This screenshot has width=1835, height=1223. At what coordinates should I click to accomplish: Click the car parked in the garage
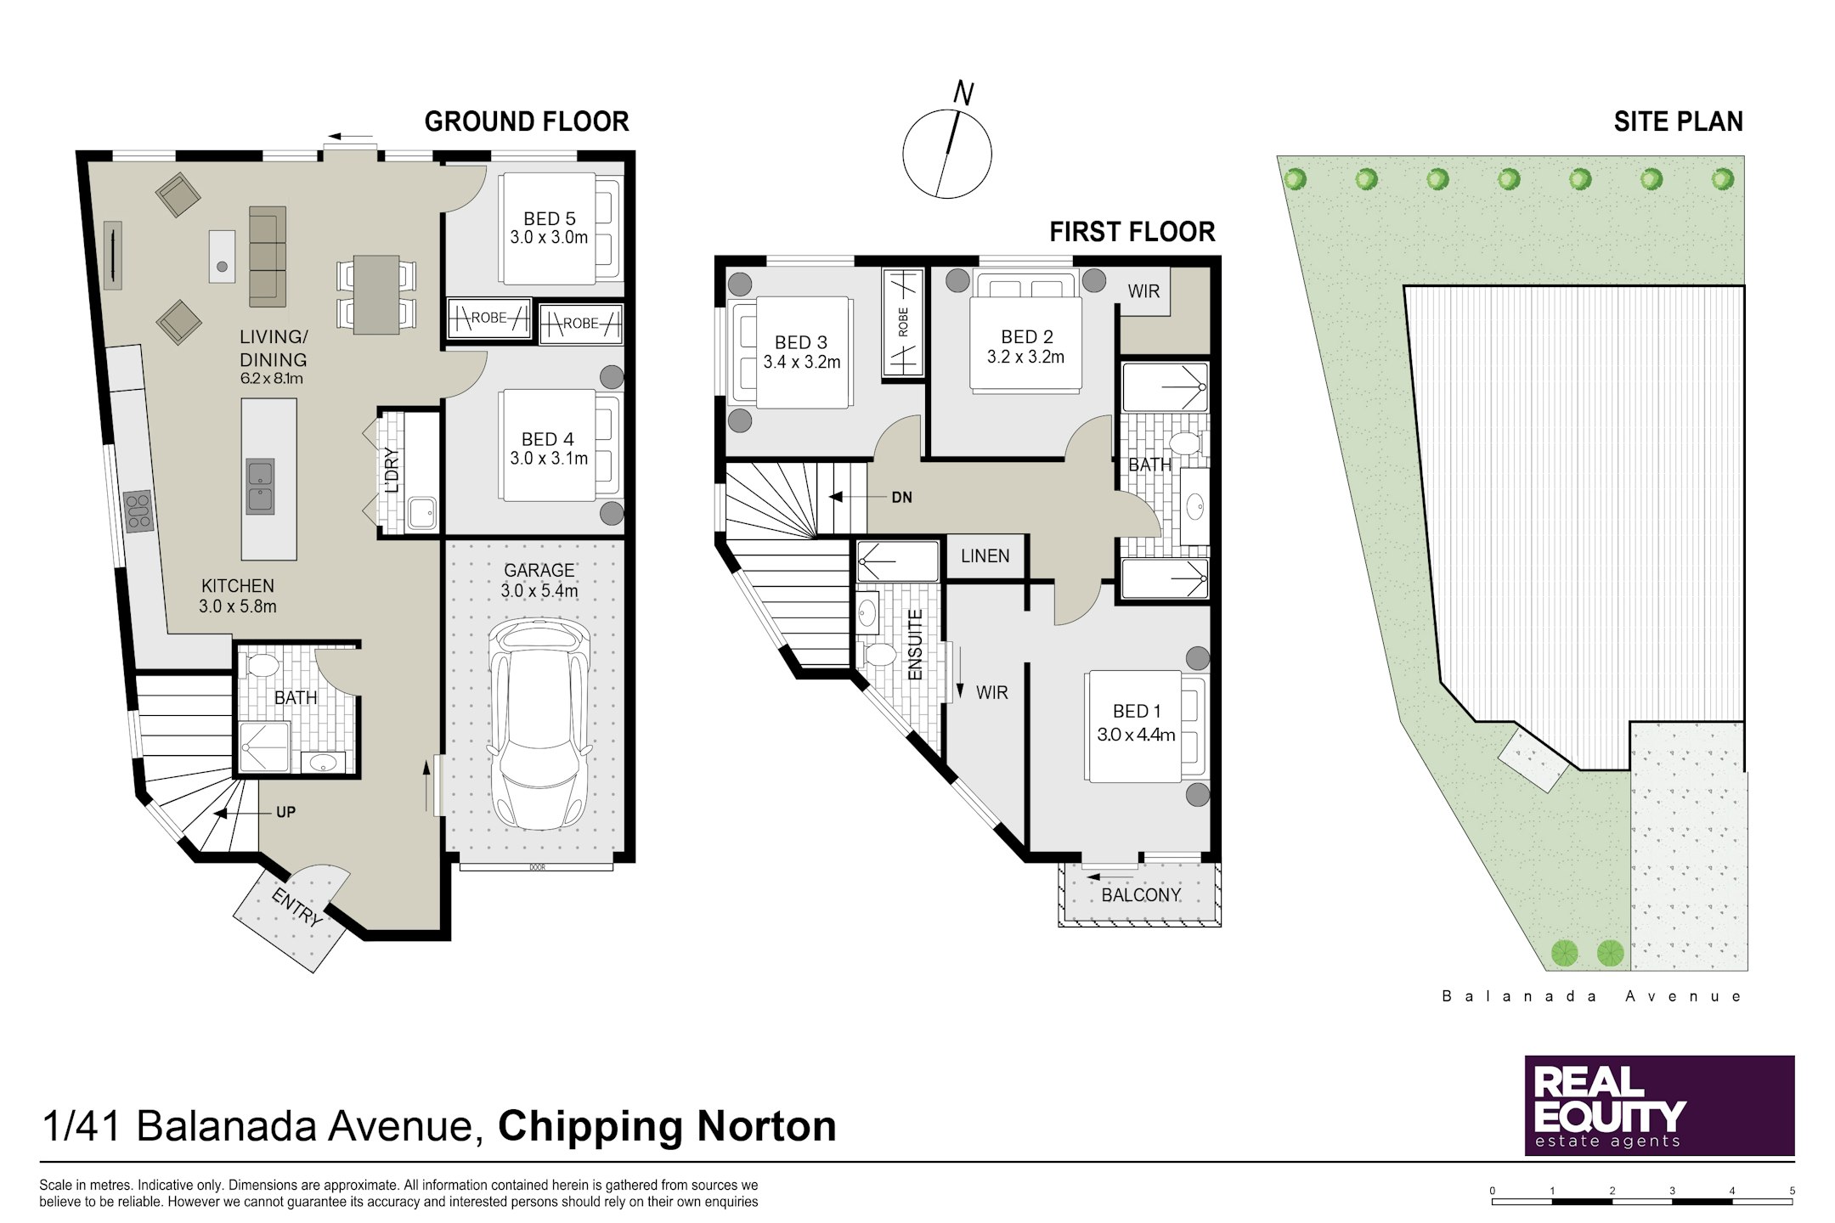click(x=539, y=724)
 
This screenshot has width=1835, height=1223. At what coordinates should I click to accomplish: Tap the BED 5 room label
click(x=549, y=219)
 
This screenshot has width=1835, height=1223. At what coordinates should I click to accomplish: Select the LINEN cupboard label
click(x=985, y=556)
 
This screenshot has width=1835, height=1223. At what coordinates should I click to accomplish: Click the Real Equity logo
click(x=1659, y=1105)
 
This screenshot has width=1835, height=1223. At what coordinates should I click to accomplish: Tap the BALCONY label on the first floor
click(x=1141, y=895)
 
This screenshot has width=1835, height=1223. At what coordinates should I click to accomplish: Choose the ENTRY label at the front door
click(x=296, y=906)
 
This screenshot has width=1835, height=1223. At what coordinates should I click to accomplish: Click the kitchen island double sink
click(x=260, y=487)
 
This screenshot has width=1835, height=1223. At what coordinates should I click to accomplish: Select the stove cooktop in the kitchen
click(x=138, y=511)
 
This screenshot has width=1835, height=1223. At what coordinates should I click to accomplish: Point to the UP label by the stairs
click(x=285, y=813)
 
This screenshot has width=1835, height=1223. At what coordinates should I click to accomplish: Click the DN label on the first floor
click(x=902, y=498)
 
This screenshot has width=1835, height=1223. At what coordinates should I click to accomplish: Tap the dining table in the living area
click(x=376, y=294)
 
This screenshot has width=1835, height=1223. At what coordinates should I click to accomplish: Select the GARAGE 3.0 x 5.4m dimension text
click(x=539, y=591)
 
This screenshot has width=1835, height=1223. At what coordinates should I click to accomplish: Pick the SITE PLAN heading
click(x=1678, y=122)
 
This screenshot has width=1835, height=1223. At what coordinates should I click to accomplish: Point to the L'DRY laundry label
click(x=392, y=470)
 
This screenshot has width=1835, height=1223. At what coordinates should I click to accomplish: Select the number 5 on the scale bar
click(x=1793, y=1191)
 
